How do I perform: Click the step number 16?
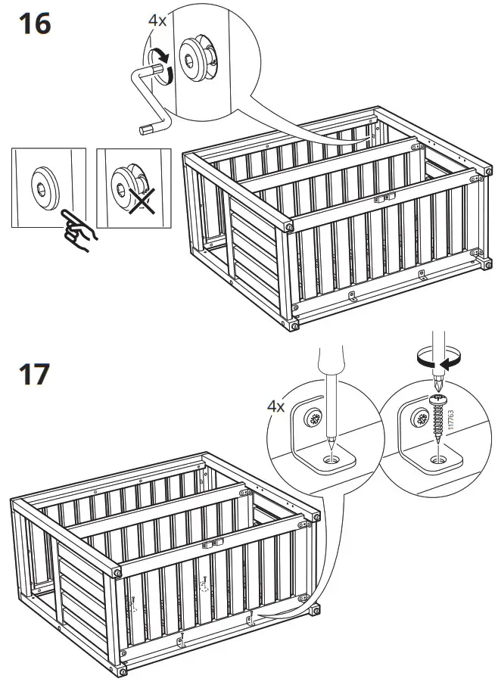pos(35,24)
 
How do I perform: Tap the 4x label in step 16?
pos(157,20)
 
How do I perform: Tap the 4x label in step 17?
pos(276,406)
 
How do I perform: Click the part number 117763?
pos(451,422)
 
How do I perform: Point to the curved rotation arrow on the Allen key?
pos(160,66)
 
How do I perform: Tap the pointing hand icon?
pos(79,230)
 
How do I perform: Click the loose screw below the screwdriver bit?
pos(437,418)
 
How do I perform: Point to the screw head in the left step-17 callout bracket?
pos(314,418)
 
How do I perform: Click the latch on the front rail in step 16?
pos(384,198)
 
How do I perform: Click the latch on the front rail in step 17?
pos(213,543)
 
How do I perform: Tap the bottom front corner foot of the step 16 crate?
pos(293,325)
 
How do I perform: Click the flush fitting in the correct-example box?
pos(45,188)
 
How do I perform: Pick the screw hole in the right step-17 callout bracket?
pos(437,459)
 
